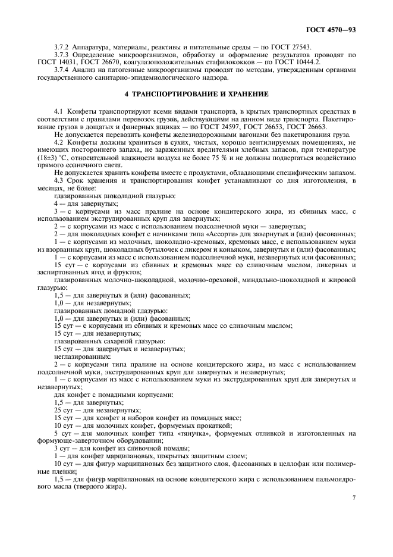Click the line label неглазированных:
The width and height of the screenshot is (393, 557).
[77, 355]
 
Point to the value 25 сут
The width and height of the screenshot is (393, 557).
[64, 410]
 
